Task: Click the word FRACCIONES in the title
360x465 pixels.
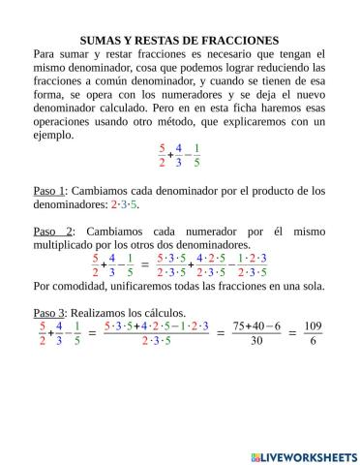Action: pos(239,41)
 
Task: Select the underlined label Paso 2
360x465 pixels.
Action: pos(52,232)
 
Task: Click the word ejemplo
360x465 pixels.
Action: pos(54,136)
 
